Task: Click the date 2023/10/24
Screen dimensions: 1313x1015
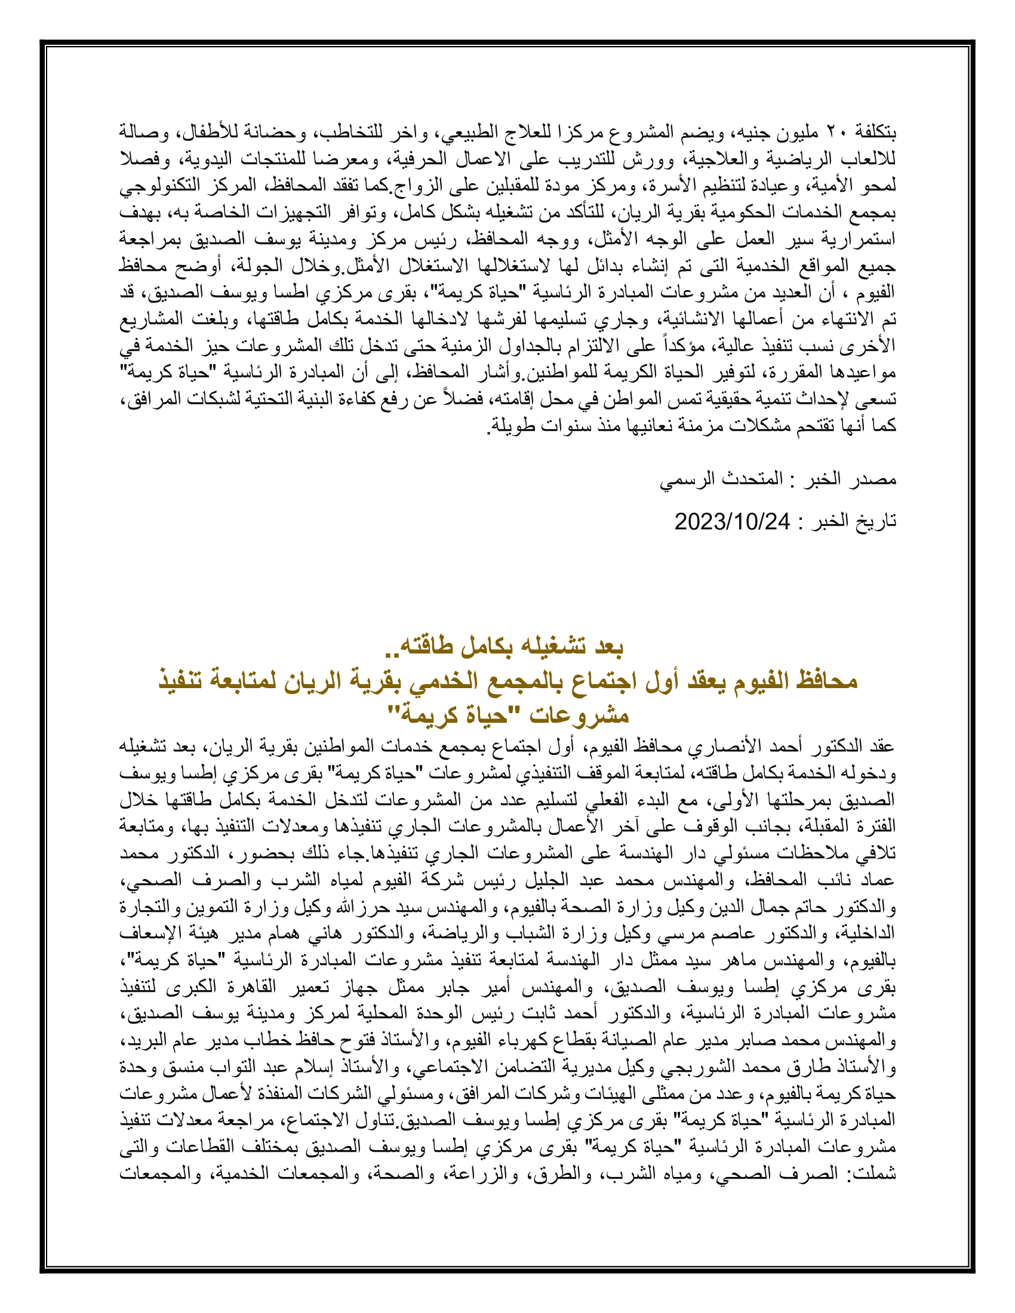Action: click(x=732, y=522)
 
